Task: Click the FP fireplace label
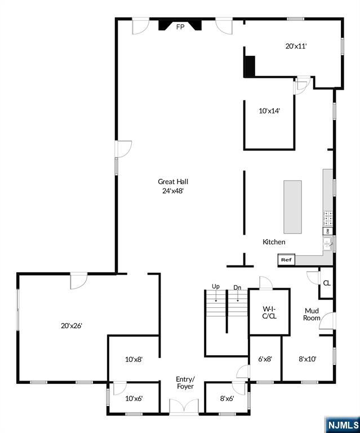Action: [180, 27]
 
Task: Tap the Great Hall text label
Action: [173, 182]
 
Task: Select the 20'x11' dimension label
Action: [296, 46]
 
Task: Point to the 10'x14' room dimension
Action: [269, 111]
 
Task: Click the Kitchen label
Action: [274, 242]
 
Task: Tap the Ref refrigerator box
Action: [286, 260]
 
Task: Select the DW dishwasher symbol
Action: [328, 231]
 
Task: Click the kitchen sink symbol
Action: [328, 244]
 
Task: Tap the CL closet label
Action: [327, 283]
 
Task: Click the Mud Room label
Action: [312, 314]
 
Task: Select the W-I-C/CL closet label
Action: [269, 312]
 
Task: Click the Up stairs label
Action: [216, 286]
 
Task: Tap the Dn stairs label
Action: [237, 288]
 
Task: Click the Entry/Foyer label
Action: [185, 382]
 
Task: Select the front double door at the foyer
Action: [184, 407]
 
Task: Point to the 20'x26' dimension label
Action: [72, 326]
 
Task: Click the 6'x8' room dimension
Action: [265, 359]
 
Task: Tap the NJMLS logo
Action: [343, 425]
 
